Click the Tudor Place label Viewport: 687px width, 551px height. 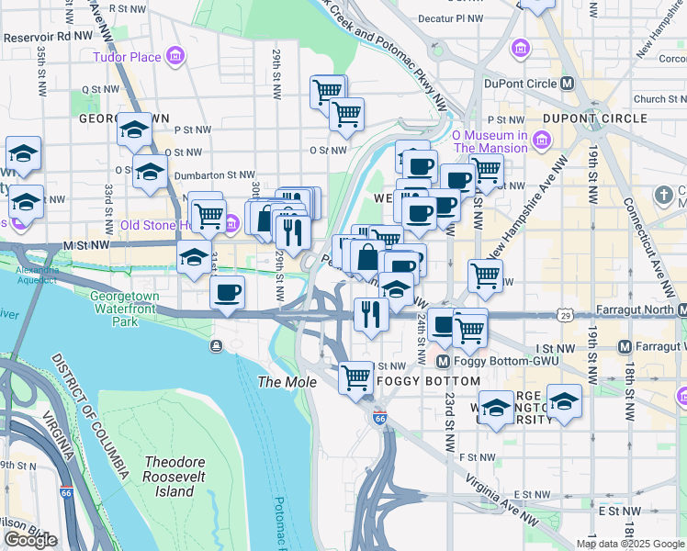click(x=126, y=58)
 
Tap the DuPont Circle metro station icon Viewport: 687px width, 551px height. click(x=568, y=83)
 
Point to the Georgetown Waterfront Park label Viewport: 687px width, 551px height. click(x=125, y=309)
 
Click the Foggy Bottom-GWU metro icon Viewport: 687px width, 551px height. click(x=441, y=362)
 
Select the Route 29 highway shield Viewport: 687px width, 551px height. click(x=565, y=315)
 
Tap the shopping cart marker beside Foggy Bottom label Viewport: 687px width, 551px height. click(x=355, y=377)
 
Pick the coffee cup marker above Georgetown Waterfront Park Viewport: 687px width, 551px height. click(x=227, y=294)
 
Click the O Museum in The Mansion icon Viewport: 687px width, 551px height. click(x=542, y=141)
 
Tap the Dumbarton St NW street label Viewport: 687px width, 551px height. click(x=214, y=174)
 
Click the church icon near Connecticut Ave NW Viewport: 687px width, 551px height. click(x=664, y=195)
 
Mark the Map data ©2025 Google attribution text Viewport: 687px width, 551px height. click(x=629, y=544)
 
